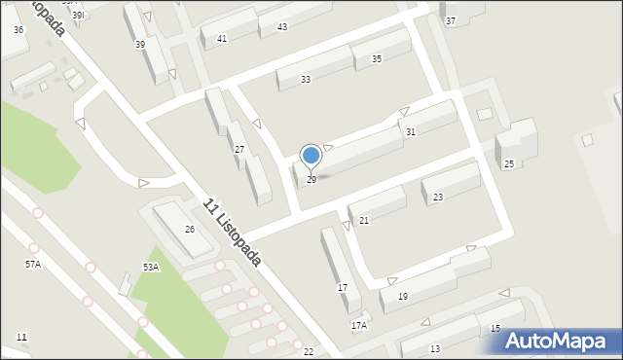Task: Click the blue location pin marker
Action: click(x=311, y=156)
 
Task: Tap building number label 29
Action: click(x=311, y=180)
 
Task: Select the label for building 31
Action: click(x=411, y=131)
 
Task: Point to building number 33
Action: click(x=306, y=79)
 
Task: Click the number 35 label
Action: click(x=377, y=59)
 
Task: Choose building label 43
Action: click(x=282, y=26)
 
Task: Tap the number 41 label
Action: click(x=222, y=38)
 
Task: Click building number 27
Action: click(x=239, y=149)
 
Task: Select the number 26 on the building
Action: click(x=191, y=229)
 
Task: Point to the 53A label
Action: click(x=150, y=267)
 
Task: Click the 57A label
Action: click(x=33, y=264)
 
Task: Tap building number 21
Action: click(x=364, y=221)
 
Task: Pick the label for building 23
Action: click(x=438, y=198)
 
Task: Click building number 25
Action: click(x=508, y=163)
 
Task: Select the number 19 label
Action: click(x=403, y=296)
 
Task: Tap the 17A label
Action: click(x=358, y=325)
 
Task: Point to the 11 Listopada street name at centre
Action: click(x=233, y=233)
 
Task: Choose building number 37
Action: click(x=450, y=20)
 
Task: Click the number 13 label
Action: click(x=434, y=348)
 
